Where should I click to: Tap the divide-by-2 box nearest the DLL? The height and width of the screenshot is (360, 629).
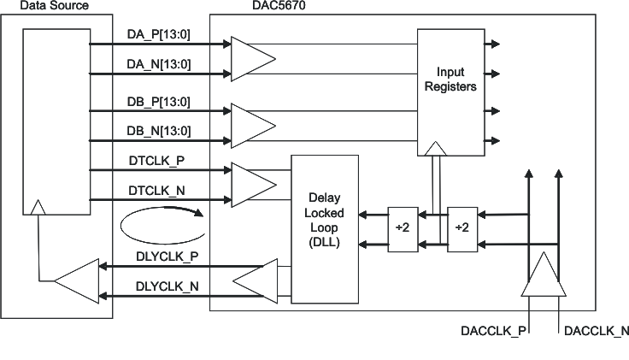[402, 227]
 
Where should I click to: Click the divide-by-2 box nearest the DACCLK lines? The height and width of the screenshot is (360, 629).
[462, 227]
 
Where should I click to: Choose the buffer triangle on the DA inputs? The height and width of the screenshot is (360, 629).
[251, 57]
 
